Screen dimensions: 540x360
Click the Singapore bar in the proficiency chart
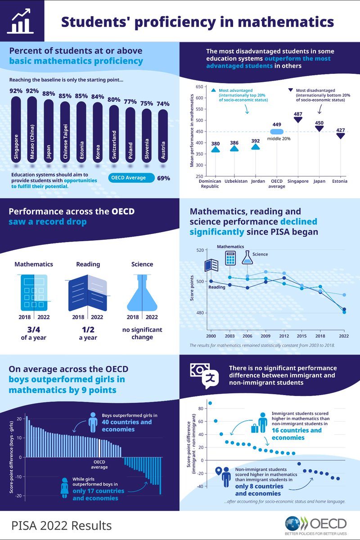[x=16, y=130]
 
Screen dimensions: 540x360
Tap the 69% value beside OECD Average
[x=163, y=178]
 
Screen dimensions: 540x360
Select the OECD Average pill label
[x=132, y=178]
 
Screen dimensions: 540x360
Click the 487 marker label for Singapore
[x=297, y=114]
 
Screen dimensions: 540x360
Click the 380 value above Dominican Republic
[x=216, y=144]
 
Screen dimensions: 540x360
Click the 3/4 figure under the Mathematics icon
[x=33, y=329]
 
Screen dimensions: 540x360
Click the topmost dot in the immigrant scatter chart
[x=210, y=403]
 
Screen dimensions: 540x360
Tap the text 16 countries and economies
[x=297, y=434]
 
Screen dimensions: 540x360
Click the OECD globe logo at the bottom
[x=294, y=524]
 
